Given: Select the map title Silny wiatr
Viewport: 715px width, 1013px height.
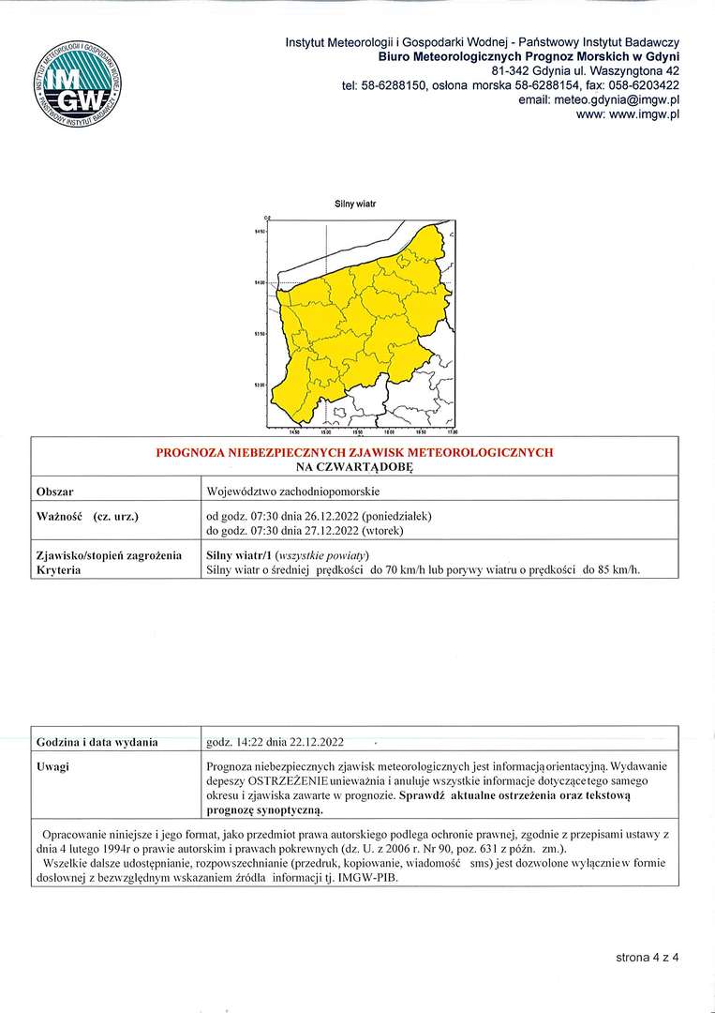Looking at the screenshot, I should pos(354,204).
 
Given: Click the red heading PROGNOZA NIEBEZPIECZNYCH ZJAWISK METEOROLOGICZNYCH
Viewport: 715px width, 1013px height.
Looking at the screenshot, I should pos(354,452).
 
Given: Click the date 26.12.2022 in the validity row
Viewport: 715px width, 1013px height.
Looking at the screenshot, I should pos(323,516).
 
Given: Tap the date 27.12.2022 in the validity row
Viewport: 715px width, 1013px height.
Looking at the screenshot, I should pos(323,530).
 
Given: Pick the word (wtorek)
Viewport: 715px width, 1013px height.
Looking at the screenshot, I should pos(380,530).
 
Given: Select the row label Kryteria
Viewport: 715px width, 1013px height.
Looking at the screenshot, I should pos(58,570).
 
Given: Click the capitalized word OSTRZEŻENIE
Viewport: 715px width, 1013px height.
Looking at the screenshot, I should pos(288,781).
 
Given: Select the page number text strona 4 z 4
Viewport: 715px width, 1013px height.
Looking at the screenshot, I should pos(647,958).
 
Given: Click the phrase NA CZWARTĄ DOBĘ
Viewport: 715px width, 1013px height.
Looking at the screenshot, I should pos(354,466).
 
